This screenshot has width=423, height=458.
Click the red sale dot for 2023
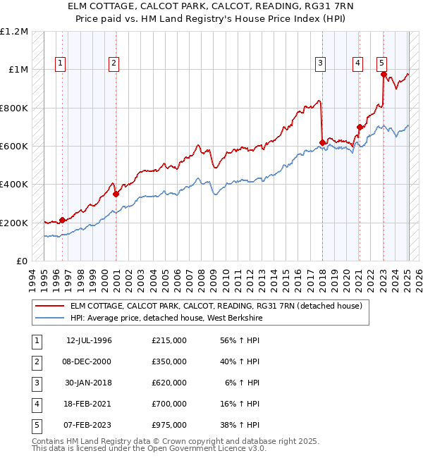coord(383,74)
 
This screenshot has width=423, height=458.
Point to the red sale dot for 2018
coord(322,142)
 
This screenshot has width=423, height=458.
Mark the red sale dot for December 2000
coord(116,194)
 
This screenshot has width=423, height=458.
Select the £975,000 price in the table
coord(168,425)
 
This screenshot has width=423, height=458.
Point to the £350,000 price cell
coord(168,361)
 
